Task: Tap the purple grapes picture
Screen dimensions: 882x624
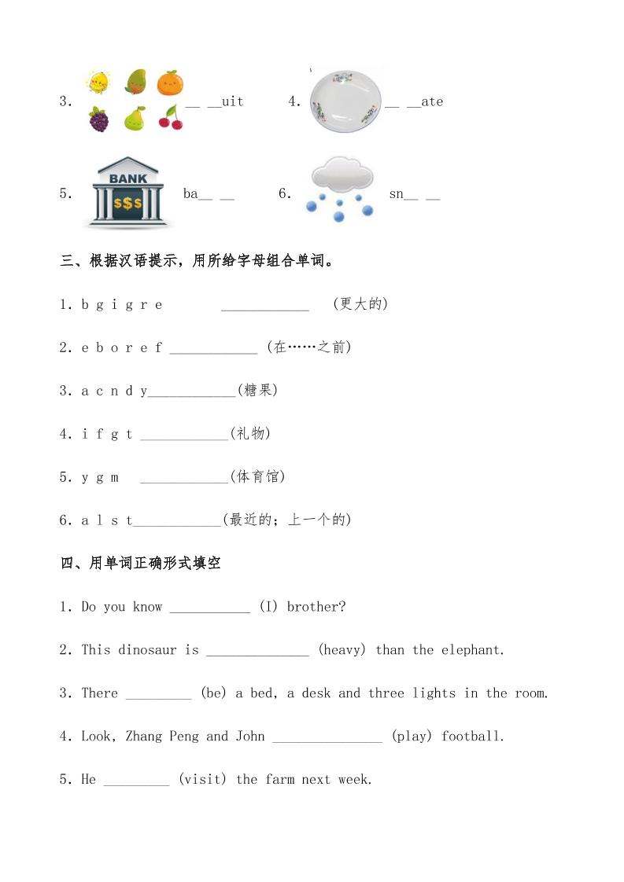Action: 98,119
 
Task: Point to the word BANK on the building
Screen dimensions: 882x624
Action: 127,178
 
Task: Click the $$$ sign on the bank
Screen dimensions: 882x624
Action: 127,204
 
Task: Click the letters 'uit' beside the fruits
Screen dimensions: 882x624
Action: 232,101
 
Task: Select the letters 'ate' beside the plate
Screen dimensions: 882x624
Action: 432,101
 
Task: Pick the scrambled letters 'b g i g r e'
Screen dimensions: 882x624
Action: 122,304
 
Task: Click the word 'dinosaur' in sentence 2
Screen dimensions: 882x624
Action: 148,650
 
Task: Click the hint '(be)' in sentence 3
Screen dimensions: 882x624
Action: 213,693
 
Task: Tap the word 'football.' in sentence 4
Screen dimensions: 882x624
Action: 473,737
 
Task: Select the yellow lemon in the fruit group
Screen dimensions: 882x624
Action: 98,82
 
